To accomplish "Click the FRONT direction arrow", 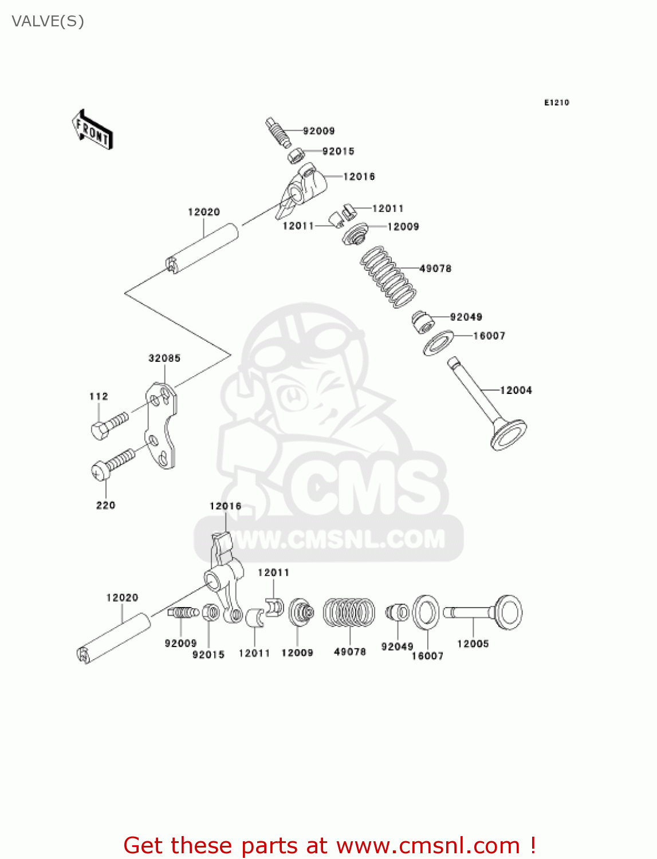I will (92, 129).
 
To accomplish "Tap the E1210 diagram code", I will (556, 103).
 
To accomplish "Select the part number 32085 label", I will (164, 358).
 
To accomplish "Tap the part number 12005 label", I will (473, 644).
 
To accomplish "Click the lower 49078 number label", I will (349, 652).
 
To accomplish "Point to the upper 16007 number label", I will (489, 336).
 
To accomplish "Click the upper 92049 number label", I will (466, 317).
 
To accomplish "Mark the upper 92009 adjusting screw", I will (278, 133).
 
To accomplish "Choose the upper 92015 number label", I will (338, 151).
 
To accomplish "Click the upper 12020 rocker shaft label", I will (204, 212).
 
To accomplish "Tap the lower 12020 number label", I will (122, 598).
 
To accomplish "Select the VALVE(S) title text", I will (48, 21).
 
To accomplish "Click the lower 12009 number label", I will (297, 653).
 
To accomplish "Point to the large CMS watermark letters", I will (367, 487).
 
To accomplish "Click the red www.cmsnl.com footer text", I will (329, 845).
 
